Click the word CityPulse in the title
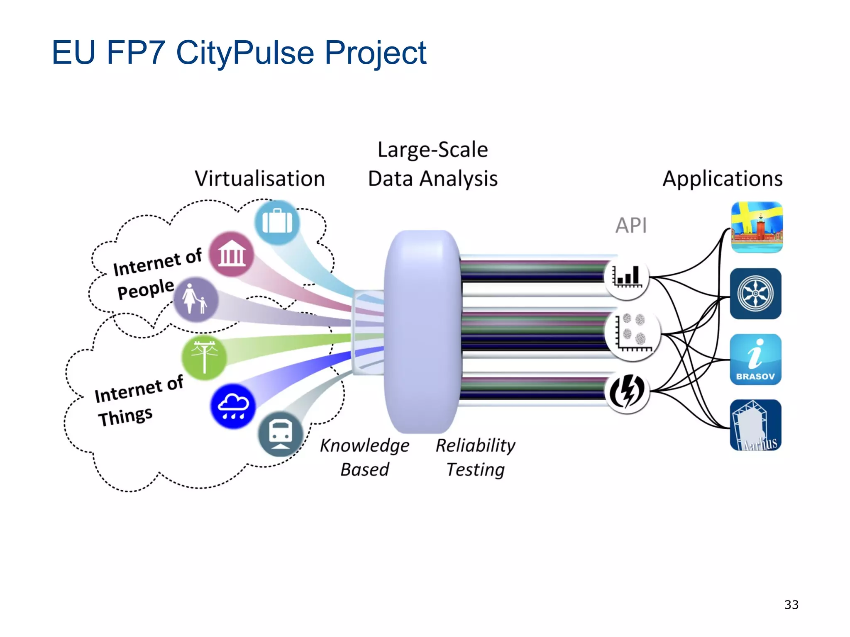[245, 53]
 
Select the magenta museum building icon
[231, 254]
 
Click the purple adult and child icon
[195, 299]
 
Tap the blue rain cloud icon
[233, 406]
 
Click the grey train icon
[281, 434]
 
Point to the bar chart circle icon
[627, 277]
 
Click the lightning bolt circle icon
[627, 391]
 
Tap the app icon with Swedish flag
[757, 227]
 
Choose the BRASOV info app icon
[755, 360]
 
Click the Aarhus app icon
[755, 425]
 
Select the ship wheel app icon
[755, 294]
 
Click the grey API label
[631, 226]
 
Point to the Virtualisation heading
[260, 179]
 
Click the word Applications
[722, 179]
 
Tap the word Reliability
[475, 446]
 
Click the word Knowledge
[364, 446]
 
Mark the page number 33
[791, 605]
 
